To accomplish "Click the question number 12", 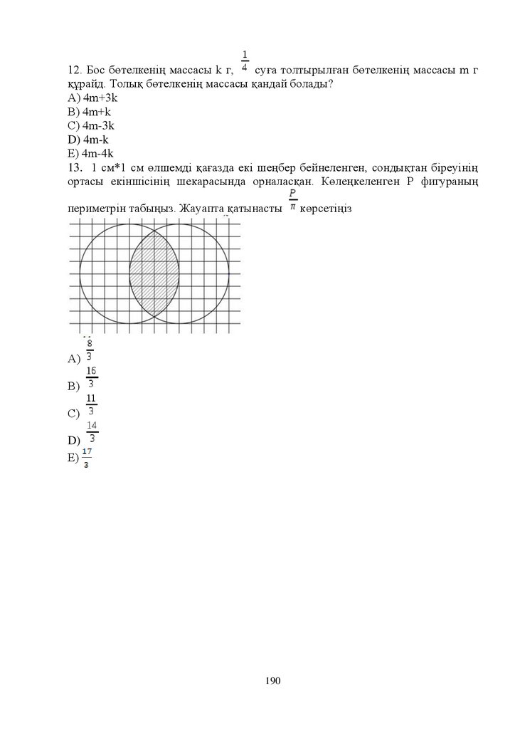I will coord(73,70).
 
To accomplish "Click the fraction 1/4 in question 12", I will coord(245,62).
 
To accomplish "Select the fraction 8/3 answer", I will coord(89,352).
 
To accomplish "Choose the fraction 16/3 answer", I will coord(91,378).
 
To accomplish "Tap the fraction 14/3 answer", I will coord(92,432).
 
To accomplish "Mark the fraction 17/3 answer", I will coord(87,458).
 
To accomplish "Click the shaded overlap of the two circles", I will coord(154,274).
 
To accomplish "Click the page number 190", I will coord(273,681).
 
